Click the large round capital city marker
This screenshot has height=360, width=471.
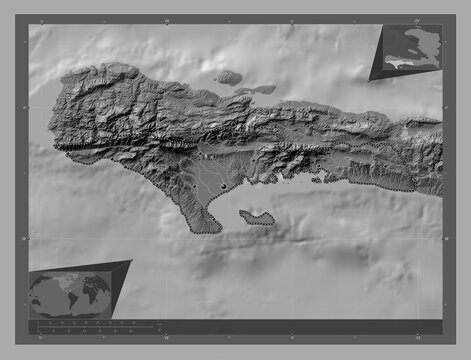pyautogui.click(x=223, y=185)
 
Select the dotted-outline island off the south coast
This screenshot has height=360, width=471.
pyautogui.click(x=258, y=217)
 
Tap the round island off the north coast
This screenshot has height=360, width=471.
pyautogui.click(x=229, y=76)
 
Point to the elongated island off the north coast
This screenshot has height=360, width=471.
pyautogui.click(x=256, y=90)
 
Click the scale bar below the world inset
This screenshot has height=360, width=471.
pyautogui.click(x=95, y=326)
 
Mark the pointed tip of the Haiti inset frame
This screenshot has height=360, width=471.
pyautogui.click(x=369, y=80)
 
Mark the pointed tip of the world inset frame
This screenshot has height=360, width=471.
pyautogui.click(x=131, y=261)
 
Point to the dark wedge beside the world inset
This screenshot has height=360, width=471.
pyautogui.click(x=118, y=280)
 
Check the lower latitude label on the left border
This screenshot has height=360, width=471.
pyautogui.click(x=23, y=238)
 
